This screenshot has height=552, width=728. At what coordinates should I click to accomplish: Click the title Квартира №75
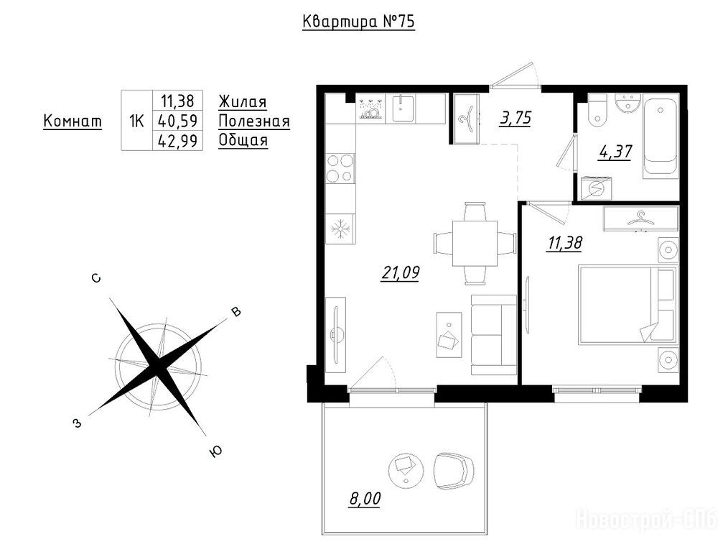(x=358, y=22)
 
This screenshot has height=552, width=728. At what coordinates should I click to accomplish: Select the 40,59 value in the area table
(x=178, y=121)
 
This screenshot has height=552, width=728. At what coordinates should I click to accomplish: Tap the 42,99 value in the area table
(x=178, y=140)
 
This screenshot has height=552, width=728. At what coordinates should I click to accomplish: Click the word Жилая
(x=243, y=101)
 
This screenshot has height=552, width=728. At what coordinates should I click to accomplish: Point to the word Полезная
(x=254, y=121)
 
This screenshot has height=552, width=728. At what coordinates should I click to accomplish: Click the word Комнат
(x=73, y=121)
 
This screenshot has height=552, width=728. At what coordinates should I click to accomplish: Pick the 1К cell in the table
(x=136, y=121)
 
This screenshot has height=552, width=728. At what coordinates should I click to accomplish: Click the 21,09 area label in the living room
(x=400, y=272)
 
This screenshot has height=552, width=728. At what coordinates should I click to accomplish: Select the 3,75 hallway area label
(x=515, y=118)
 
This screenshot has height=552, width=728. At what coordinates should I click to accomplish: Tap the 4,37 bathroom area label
(x=615, y=152)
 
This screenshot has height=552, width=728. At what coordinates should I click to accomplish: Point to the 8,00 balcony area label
(x=365, y=499)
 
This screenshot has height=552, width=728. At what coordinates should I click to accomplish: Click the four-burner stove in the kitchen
(x=340, y=168)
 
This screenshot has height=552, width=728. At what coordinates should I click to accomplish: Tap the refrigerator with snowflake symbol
(x=340, y=229)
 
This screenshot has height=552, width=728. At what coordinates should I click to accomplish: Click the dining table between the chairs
(x=475, y=243)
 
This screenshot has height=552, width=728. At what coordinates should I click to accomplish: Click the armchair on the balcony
(x=453, y=471)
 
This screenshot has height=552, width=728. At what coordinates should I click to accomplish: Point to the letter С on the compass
(x=96, y=278)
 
